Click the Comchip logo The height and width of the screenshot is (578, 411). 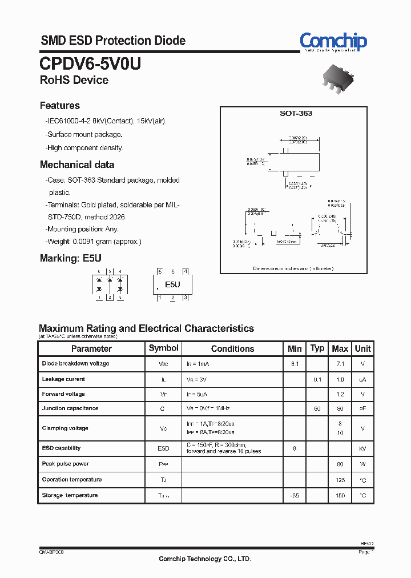pyautogui.click(x=333, y=42)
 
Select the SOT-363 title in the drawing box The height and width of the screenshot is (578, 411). pyautogui.click(x=296, y=114)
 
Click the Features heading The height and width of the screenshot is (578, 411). pyautogui.click(x=60, y=106)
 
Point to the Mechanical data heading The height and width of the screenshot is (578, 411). pyautogui.click(x=77, y=164)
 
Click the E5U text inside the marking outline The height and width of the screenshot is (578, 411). pyautogui.click(x=172, y=284)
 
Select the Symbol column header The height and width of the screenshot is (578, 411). pyautogui.click(x=163, y=348)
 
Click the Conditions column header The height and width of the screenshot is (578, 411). pyautogui.click(x=232, y=348)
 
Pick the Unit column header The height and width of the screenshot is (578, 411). pyautogui.click(x=362, y=348)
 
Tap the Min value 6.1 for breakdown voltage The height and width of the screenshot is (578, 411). pyautogui.click(x=295, y=364)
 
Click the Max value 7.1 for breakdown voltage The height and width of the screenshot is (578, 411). pyautogui.click(x=340, y=364)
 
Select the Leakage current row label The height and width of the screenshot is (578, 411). pyautogui.click(x=63, y=379)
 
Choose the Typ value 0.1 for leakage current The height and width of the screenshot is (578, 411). pyautogui.click(x=317, y=379)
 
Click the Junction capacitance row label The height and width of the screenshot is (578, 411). pyautogui.click(x=70, y=408)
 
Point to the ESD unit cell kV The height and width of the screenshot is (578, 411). pyautogui.click(x=362, y=449)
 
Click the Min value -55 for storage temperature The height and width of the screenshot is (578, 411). pyautogui.click(x=295, y=496)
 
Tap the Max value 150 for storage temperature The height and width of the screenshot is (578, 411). pyautogui.click(x=340, y=496)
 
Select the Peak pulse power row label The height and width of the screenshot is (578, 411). pyautogui.click(x=66, y=464)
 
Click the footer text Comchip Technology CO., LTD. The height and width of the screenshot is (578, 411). pyautogui.click(x=204, y=559)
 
